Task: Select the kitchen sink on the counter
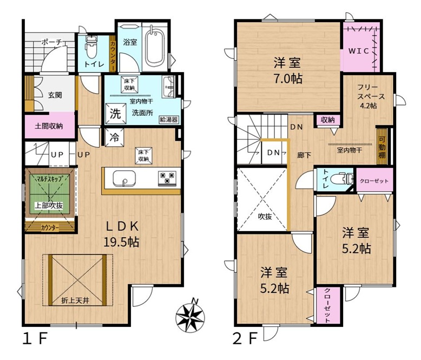pyautogui.click(x=124, y=178)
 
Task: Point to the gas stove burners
pyautogui.click(x=167, y=178)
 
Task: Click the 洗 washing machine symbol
pyautogui.click(x=115, y=114)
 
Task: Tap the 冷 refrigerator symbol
pyautogui.click(x=114, y=138)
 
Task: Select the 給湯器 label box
pyautogui.click(x=169, y=120)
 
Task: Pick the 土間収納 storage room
pyautogui.click(x=49, y=126)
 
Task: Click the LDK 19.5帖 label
pyautogui.click(x=122, y=234)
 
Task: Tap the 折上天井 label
pyautogui.click(x=75, y=300)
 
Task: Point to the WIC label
pyautogui.click(x=359, y=51)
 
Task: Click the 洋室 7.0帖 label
pyautogui.click(x=287, y=71)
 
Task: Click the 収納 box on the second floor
pyautogui.click(x=328, y=120)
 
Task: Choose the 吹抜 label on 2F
pyautogui.click(x=265, y=216)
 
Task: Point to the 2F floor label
pyautogui.click(x=246, y=338)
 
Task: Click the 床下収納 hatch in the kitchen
pyautogui.click(x=144, y=155)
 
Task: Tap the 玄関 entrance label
pyautogui.click(x=55, y=95)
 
